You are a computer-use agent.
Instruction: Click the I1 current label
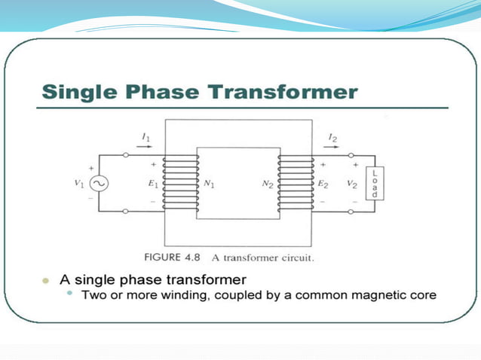pos(146,136)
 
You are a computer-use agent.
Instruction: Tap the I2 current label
pos(333,136)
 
